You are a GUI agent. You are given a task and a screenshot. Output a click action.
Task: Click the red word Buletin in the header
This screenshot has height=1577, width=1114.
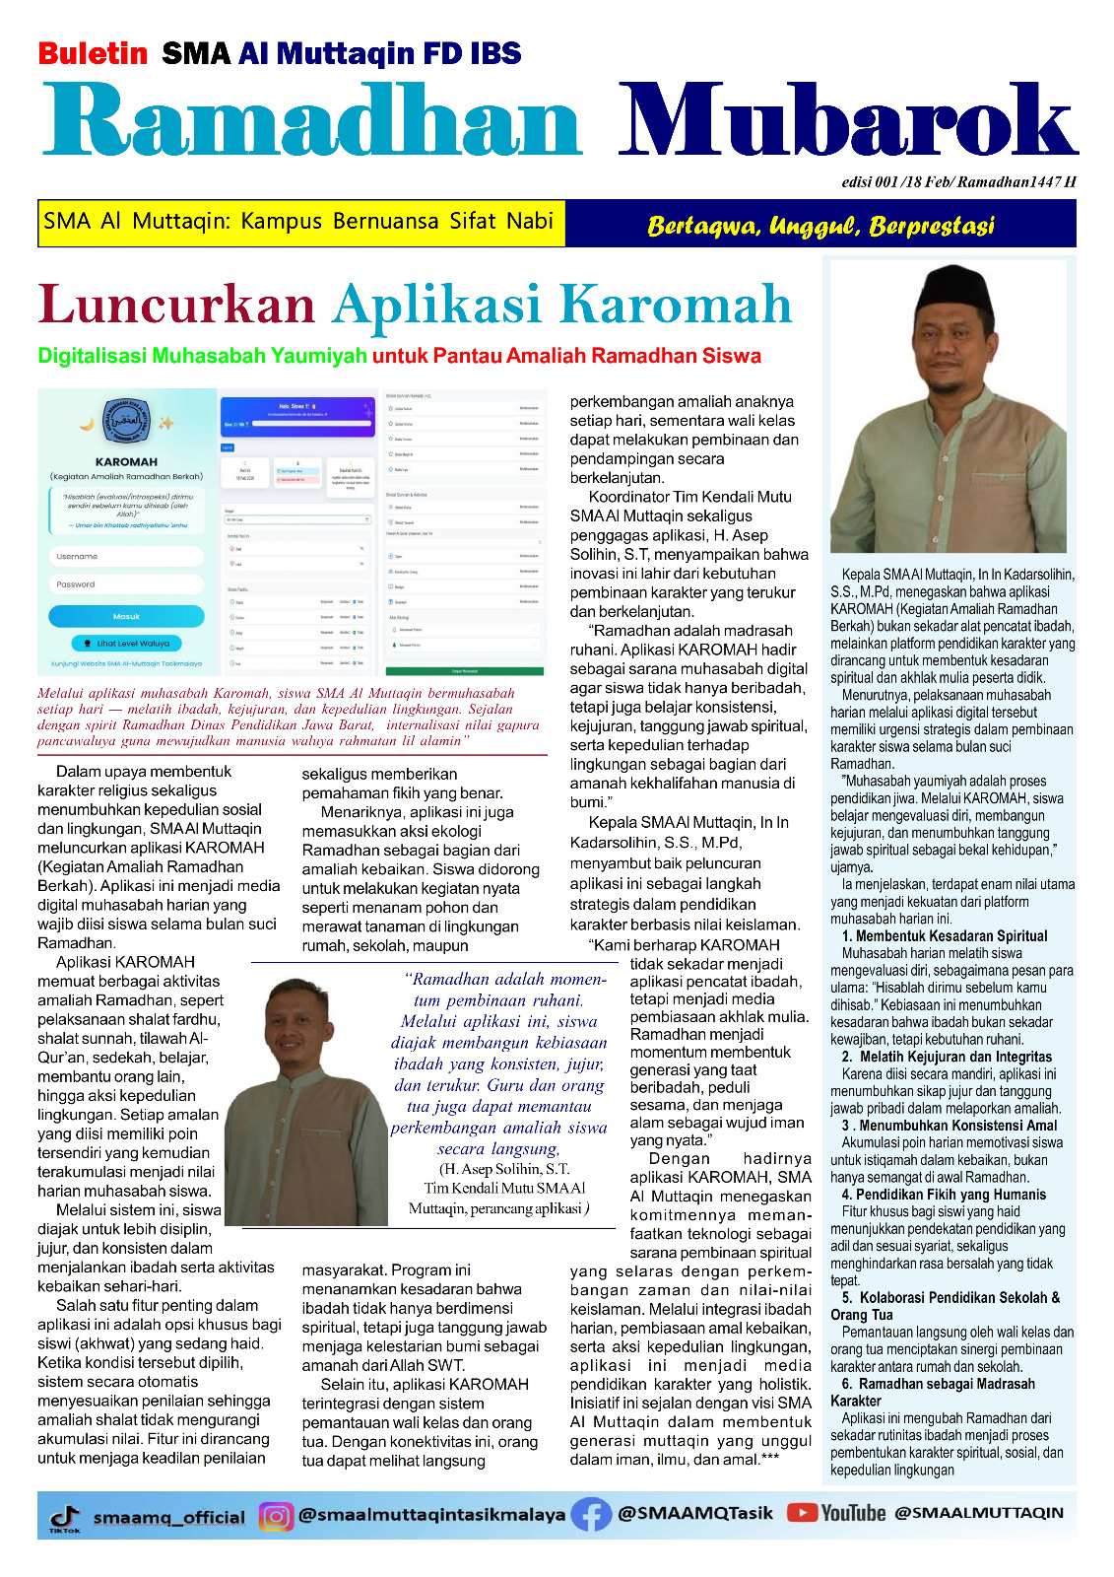93,53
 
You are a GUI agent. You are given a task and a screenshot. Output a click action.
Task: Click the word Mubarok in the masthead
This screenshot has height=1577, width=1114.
847,120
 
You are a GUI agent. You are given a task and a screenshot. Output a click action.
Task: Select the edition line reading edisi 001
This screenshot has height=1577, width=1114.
958,181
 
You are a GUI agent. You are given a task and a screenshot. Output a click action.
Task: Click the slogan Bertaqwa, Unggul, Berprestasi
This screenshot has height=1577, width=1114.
820,226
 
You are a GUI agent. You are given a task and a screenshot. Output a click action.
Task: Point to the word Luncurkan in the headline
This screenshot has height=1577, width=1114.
176,305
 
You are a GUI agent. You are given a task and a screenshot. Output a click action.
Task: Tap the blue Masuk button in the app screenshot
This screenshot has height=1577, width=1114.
126,616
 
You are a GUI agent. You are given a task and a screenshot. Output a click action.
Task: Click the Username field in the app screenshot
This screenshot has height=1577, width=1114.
126,556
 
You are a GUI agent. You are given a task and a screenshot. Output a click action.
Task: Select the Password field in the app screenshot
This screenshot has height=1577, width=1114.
126,584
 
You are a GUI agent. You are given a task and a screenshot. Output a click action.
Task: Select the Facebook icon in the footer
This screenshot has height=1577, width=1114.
591,1515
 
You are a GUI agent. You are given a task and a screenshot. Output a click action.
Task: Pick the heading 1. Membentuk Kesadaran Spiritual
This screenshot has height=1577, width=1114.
944,936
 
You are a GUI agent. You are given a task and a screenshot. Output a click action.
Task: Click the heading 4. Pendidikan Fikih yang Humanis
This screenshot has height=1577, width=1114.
944,1195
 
